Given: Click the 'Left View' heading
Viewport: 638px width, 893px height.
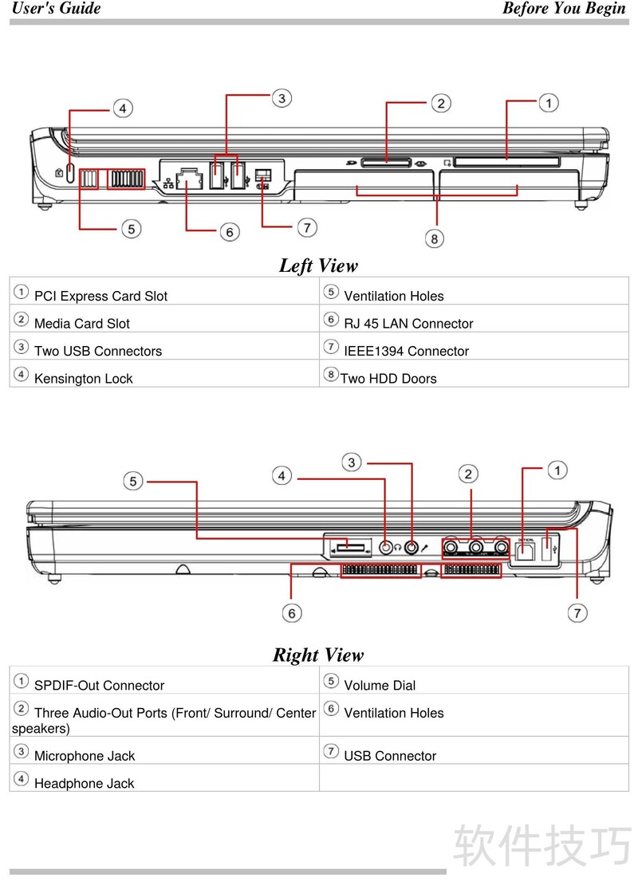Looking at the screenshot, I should pos(318,266).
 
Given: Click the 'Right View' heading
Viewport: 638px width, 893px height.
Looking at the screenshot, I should pos(318,655).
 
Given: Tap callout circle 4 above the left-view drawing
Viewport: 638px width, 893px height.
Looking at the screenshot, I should pos(122,108).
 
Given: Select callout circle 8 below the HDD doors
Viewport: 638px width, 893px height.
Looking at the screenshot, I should pos(435,238).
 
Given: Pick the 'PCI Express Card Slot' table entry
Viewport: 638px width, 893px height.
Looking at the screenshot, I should pos(100,296).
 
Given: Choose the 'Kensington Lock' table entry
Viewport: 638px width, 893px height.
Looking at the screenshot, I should pos(83,379).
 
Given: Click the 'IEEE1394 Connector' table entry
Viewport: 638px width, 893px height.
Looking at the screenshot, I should pos(406,351).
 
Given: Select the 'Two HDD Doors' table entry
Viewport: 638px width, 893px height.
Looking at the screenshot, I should pos(388,379).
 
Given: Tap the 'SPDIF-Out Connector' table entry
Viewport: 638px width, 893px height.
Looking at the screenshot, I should pos(99,685).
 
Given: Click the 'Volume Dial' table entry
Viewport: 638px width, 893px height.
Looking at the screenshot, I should pos(380,685).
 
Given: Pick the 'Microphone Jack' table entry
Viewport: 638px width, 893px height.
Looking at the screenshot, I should pos(85,756).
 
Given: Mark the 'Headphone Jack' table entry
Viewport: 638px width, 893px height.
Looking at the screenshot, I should pos(84,784).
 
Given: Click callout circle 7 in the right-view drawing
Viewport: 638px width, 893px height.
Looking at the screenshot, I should pos(577,612).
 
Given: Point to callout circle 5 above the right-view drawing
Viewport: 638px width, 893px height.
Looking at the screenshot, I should pos(134,481).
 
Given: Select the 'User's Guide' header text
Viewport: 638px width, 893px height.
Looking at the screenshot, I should pos(56,9).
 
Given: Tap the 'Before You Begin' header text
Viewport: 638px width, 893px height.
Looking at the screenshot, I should pos(564,9).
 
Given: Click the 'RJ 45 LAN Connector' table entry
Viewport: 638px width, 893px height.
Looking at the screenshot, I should pos(408,324).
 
